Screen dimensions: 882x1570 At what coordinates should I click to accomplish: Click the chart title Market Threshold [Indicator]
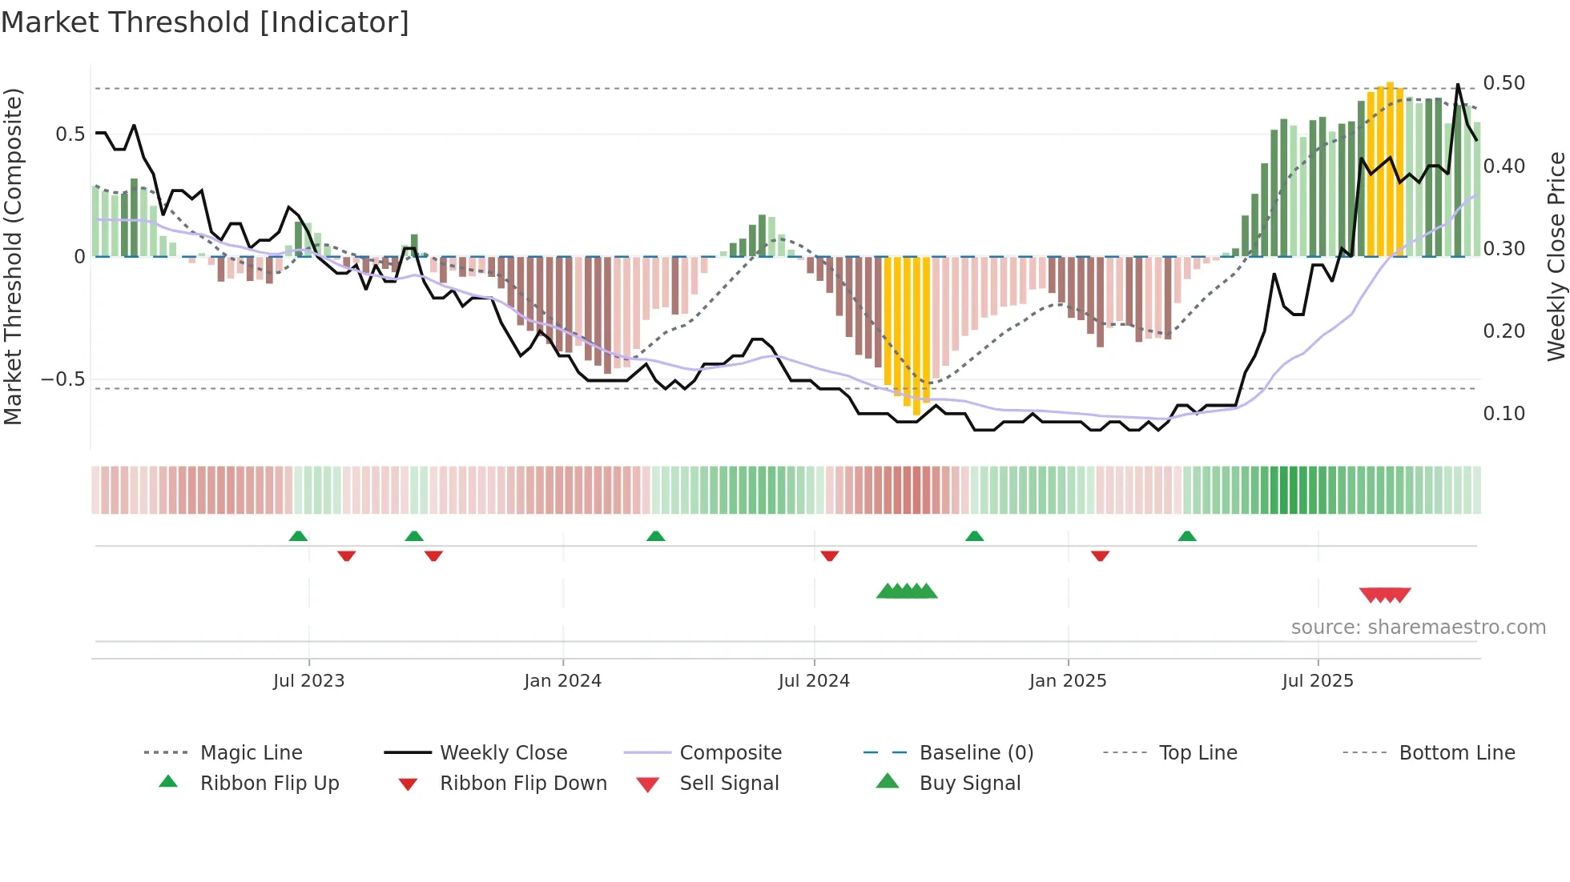205,22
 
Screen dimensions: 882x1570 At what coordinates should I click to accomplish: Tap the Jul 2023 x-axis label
308,681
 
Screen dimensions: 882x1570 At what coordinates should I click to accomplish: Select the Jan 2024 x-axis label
562,681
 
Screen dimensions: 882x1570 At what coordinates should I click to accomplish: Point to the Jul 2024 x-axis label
814,681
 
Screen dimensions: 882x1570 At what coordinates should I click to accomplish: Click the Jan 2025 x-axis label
1068,681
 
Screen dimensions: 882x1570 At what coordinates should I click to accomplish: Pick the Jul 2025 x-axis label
1318,681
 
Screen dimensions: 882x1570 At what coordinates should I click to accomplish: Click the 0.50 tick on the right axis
1504,83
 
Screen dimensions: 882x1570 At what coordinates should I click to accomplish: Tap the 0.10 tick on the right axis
1504,414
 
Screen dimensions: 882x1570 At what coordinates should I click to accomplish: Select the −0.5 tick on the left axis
63,379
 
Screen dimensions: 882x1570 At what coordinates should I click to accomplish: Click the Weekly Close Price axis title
1556,256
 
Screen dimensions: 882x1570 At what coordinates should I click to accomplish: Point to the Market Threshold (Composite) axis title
13,256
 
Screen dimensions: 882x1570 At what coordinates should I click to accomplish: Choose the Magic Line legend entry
251,753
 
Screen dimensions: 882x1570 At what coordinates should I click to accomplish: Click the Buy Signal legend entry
969,784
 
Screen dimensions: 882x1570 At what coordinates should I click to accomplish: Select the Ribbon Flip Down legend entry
523,784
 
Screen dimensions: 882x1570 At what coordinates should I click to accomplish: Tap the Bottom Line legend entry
1456,753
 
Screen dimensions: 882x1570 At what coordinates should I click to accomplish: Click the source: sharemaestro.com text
1418,627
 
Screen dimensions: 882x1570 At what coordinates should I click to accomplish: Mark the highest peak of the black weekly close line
1457,85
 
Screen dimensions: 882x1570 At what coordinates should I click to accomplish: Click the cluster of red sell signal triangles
1385,595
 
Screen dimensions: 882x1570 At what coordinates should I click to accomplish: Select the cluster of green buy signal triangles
907,591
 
